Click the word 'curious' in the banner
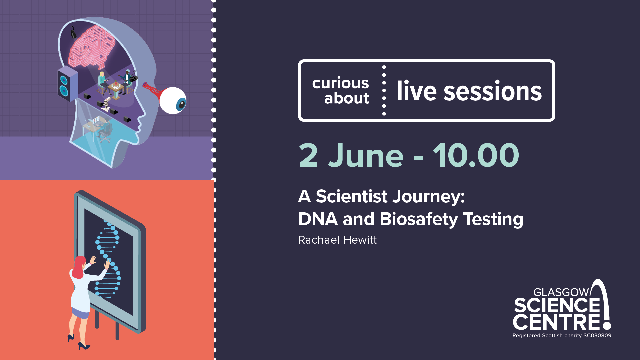[340, 83]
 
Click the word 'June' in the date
[366, 155]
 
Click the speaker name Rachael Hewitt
[337, 240]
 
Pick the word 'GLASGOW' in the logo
[561, 292]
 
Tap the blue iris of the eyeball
[181, 104]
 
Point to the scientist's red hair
[79, 267]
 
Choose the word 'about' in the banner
[347, 98]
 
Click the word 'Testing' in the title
[493, 219]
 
